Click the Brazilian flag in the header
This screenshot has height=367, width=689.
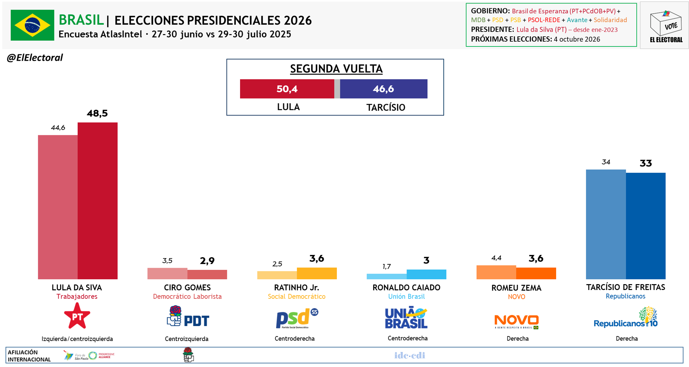coord(32,25)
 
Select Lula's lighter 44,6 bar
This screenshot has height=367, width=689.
coord(58,207)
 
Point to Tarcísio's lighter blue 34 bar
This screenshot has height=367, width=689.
coord(606,224)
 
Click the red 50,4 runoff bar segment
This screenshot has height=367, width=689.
coord(287,89)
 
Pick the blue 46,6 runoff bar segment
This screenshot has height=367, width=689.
coord(383,89)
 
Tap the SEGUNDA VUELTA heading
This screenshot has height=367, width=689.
coord(336,69)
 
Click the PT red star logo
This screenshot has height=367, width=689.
coord(77,316)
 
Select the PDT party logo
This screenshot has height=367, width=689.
coord(188,317)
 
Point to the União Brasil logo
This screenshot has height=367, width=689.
coord(406,317)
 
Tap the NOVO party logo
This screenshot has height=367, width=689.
coord(516,321)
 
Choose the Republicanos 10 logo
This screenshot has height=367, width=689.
coord(626,317)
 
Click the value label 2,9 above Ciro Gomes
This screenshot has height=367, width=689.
coord(207,261)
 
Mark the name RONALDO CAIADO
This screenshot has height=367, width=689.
coord(406,288)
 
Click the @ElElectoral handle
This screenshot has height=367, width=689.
coord(35,58)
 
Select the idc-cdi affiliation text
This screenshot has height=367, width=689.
coord(410,355)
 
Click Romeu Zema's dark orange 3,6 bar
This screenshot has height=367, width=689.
coord(536,273)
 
